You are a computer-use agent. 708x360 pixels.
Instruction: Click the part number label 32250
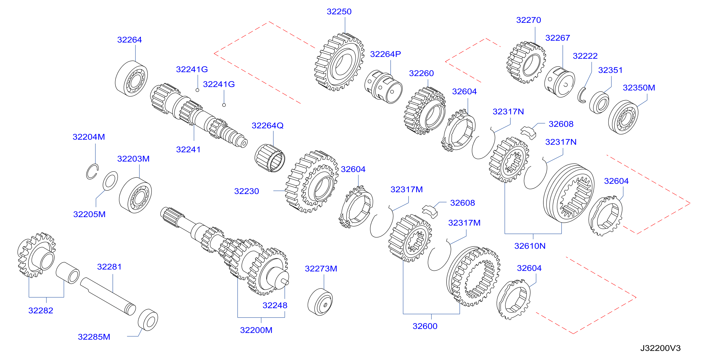[339, 12]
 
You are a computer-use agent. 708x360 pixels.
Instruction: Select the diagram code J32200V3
[660, 348]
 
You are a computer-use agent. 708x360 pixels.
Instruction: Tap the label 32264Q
[267, 125]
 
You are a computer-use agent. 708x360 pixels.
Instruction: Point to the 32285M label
[94, 337]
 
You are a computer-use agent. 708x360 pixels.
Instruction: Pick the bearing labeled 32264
[131, 79]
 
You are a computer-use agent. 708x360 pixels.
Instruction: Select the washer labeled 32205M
[110, 181]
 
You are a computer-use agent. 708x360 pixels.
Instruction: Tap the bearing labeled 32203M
[135, 195]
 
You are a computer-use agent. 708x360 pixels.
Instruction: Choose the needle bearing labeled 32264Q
[270, 158]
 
